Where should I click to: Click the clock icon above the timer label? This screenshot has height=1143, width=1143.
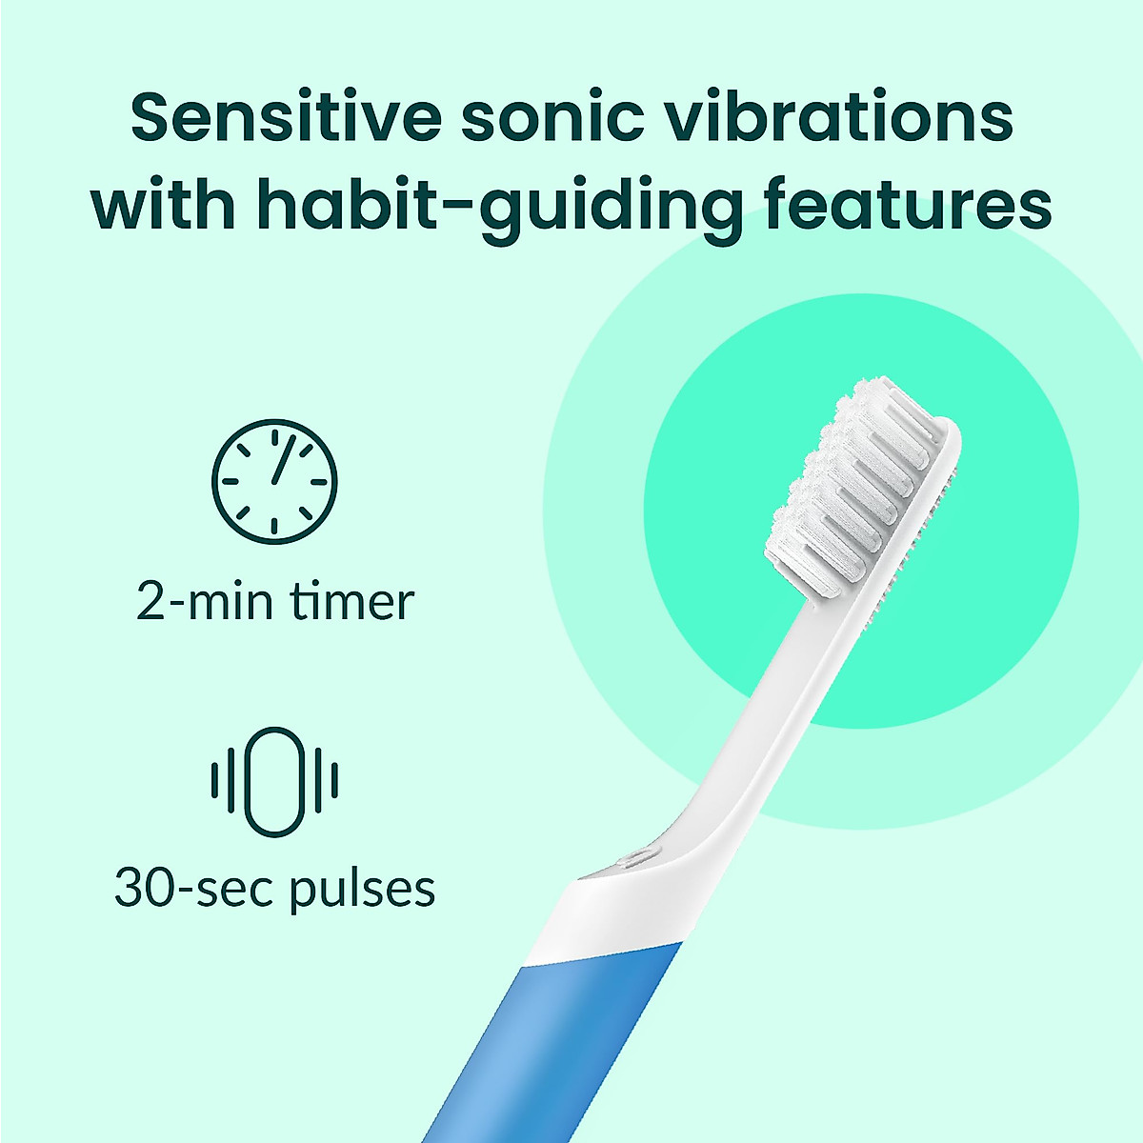tap(275, 481)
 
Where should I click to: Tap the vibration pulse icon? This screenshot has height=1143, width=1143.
tap(275, 782)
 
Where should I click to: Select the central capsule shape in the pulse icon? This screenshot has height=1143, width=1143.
tap(275, 782)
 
